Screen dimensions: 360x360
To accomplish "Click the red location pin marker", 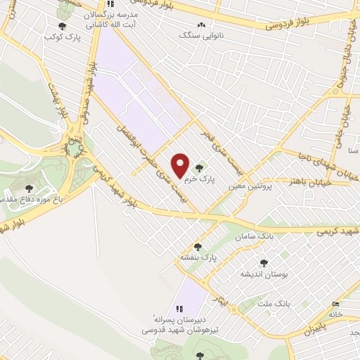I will [x=181, y=165].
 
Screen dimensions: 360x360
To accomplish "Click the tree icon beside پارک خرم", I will [x=200, y=168].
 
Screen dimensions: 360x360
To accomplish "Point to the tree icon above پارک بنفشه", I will [x=198, y=247].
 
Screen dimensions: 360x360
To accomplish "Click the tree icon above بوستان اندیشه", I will [x=264, y=263].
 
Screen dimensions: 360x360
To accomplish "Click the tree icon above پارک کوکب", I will [x=62, y=26].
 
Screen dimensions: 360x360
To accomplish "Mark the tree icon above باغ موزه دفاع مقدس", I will [x=29, y=188].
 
